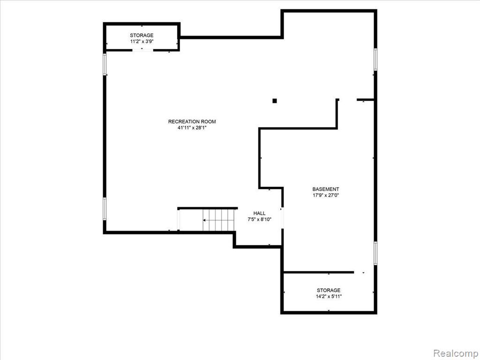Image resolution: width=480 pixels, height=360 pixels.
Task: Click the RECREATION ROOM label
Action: pyautogui.click(x=192, y=121)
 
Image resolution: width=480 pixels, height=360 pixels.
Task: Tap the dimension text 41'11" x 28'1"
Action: pyautogui.click(x=192, y=128)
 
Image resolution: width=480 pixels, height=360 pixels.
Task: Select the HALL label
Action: pyautogui.click(x=259, y=213)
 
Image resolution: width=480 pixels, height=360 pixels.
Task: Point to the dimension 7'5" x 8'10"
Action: pyautogui.click(x=259, y=219)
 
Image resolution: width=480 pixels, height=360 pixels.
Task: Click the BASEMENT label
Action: pyautogui.click(x=326, y=189)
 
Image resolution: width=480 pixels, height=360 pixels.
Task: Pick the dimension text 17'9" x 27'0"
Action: pyautogui.click(x=326, y=195)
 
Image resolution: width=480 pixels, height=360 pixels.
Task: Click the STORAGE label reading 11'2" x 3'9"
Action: pyautogui.click(x=142, y=35)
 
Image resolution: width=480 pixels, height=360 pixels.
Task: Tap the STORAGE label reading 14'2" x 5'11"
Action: pyautogui.click(x=329, y=290)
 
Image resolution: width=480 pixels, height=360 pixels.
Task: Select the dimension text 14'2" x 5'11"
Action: pyautogui.click(x=329, y=296)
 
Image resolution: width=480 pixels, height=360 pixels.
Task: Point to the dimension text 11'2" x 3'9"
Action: pyautogui.click(x=142, y=42)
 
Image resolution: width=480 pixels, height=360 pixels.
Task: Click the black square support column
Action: pyautogui.click(x=275, y=101)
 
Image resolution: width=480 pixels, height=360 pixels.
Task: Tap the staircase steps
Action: pyautogui.click(x=218, y=220)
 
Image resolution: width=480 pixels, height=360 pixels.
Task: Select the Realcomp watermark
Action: pyautogui.click(x=455, y=353)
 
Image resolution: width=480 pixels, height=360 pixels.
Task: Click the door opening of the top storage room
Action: pyautogui.click(x=142, y=50)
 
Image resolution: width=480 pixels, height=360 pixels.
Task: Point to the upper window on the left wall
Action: pyautogui.click(x=105, y=64)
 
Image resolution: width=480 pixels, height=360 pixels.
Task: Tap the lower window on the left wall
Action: pyautogui.click(x=105, y=209)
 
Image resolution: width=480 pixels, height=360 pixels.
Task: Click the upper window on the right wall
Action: pyautogui.click(x=375, y=60)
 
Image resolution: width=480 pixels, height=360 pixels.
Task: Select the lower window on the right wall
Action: pyautogui.click(x=375, y=253)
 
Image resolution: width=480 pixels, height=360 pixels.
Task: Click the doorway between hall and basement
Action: pyautogui.click(x=282, y=217)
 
